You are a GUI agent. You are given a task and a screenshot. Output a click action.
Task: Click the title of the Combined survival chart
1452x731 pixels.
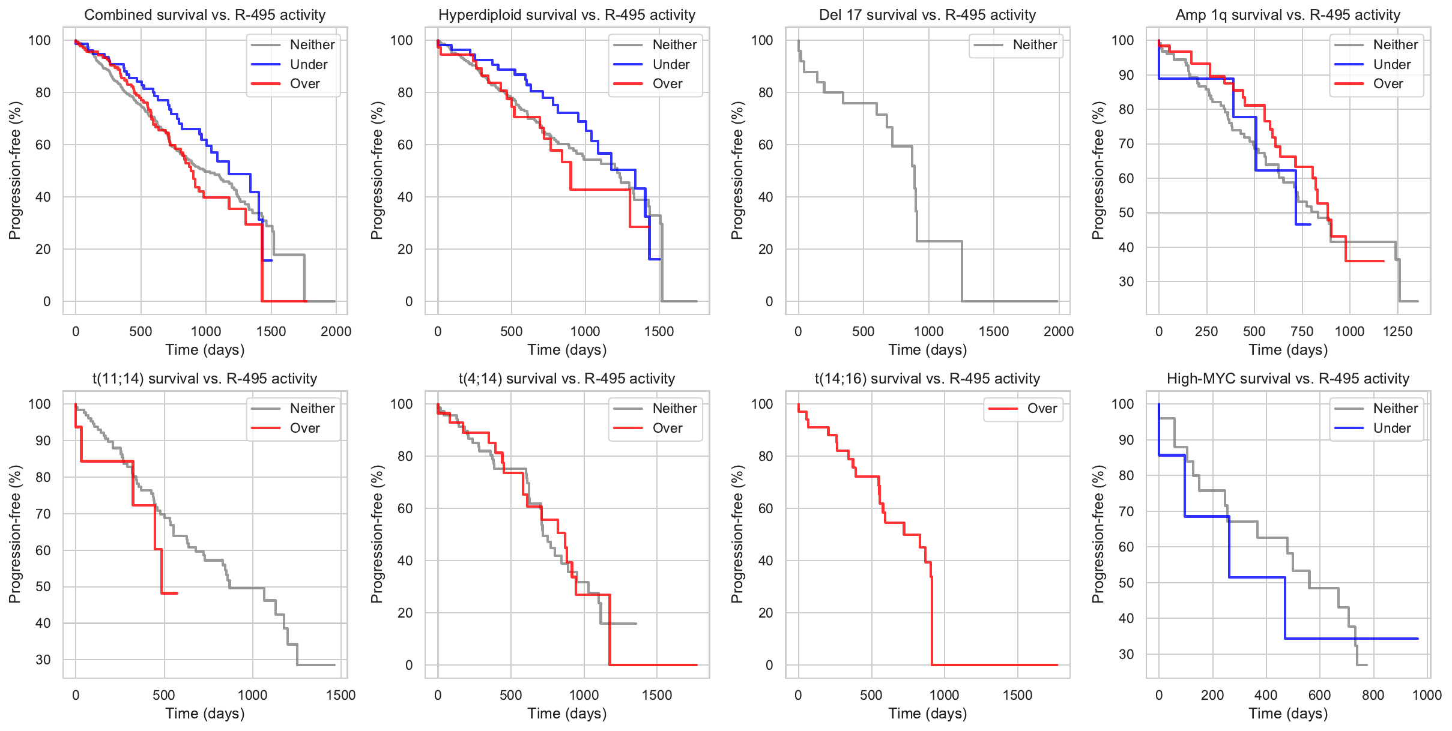click(205, 15)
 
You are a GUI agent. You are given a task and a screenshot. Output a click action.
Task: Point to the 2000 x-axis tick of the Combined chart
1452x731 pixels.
click(336, 331)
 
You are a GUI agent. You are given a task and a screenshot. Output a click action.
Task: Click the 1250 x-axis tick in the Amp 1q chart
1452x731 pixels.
click(1397, 331)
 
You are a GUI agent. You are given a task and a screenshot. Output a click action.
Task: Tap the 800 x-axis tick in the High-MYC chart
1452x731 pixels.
click(1373, 695)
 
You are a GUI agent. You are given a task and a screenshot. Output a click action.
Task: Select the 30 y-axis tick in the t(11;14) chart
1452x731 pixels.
click(43, 660)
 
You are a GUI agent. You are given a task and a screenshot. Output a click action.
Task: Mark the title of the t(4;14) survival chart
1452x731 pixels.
click(566, 379)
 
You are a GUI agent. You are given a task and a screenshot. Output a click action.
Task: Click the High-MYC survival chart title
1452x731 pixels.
click(1287, 379)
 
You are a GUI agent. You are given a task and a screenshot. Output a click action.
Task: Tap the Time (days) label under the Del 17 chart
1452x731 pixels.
click(927, 350)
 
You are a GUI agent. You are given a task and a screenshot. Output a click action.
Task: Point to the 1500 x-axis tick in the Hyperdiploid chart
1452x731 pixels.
click(659, 331)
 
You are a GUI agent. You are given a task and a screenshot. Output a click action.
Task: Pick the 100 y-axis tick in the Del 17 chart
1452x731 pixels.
click(762, 40)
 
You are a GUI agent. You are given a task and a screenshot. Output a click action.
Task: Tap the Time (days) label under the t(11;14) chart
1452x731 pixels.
click(205, 714)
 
